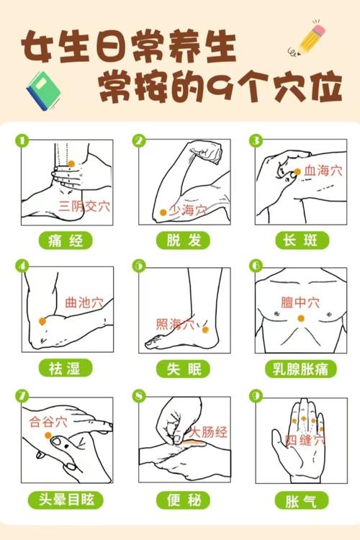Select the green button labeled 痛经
click(66, 240)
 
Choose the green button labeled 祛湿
click(66, 369)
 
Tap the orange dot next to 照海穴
click(204, 329)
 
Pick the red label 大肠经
click(208, 432)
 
